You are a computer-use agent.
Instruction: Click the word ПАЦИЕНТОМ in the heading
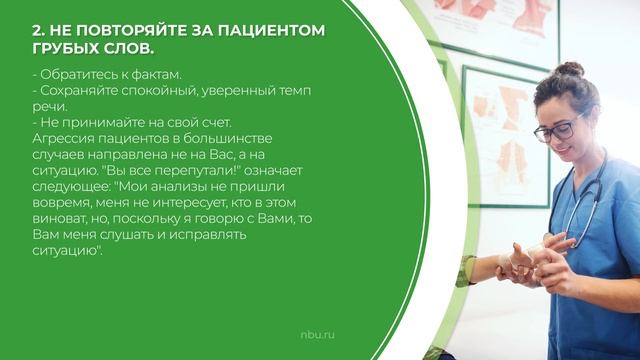(276, 29)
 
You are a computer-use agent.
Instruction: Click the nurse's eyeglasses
(563, 127)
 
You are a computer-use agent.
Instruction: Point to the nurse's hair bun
(570, 71)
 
